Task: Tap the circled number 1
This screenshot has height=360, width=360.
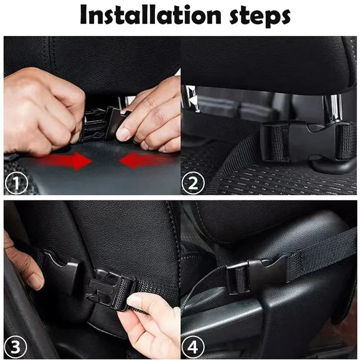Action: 16,184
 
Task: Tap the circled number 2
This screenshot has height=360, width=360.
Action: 193,184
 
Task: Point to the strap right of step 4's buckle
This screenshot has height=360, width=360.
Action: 317,249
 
